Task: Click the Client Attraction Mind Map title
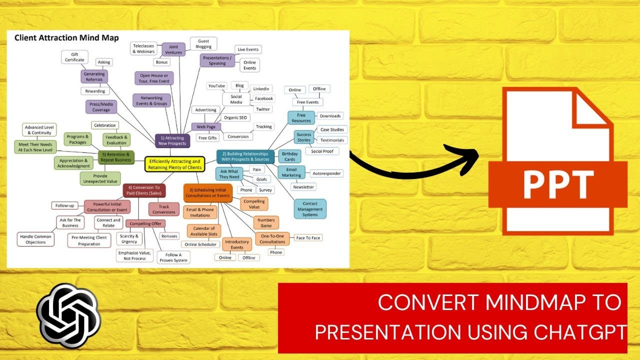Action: point(66,37)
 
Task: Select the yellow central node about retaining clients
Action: point(175,164)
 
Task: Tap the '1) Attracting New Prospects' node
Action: point(172,141)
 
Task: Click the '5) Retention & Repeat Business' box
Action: point(116,157)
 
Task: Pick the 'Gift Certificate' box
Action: point(74,57)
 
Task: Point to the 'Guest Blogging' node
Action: point(203,43)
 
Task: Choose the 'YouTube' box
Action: point(216,86)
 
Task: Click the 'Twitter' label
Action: point(263,109)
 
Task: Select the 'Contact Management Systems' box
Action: point(310,209)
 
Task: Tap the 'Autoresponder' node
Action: point(326,173)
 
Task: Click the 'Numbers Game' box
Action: point(266,222)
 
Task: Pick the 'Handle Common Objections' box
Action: point(35,239)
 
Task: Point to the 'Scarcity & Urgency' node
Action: point(129,238)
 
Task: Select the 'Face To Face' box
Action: point(308,238)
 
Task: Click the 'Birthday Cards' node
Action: point(289,157)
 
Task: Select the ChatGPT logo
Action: point(68,315)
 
